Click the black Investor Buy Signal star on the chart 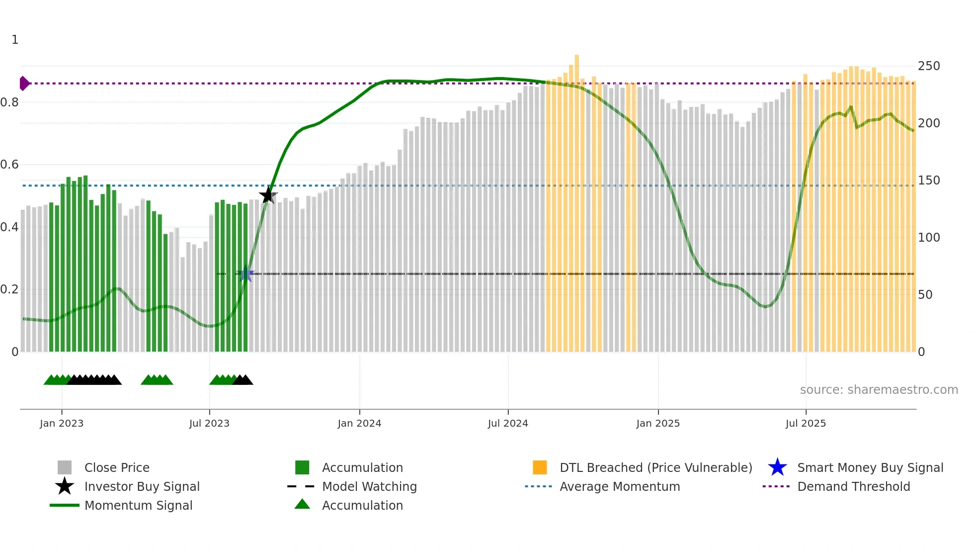click(x=268, y=195)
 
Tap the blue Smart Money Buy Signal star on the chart click(x=245, y=274)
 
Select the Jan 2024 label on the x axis click(x=359, y=423)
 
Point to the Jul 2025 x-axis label click(x=806, y=423)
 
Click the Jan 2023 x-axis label click(x=62, y=423)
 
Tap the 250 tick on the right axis click(x=929, y=66)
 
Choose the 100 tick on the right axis click(x=929, y=238)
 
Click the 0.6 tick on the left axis click(x=9, y=165)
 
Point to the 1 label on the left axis click(x=15, y=40)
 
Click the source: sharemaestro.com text click(x=879, y=390)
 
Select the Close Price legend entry click(x=117, y=467)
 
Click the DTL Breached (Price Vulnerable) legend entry click(x=655, y=467)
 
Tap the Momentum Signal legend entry click(x=138, y=505)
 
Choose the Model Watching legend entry click(x=369, y=486)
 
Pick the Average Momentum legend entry click(x=620, y=486)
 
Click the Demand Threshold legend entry click(x=853, y=486)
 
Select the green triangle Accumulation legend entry click(x=362, y=505)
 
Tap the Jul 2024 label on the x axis click(x=508, y=423)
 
